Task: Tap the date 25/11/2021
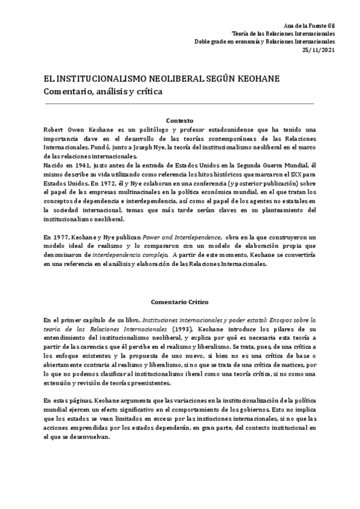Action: (319, 50)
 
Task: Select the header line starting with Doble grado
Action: (265, 41)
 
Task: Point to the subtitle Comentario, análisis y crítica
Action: (103, 92)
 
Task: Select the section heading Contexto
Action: (179, 120)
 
